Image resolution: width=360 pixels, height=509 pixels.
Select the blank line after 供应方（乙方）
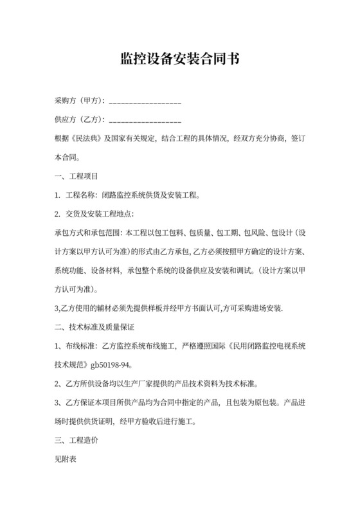click(x=146, y=121)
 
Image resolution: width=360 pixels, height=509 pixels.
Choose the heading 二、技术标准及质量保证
click(x=94, y=327)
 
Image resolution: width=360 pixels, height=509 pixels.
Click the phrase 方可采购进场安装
click(x=251, y=308)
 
